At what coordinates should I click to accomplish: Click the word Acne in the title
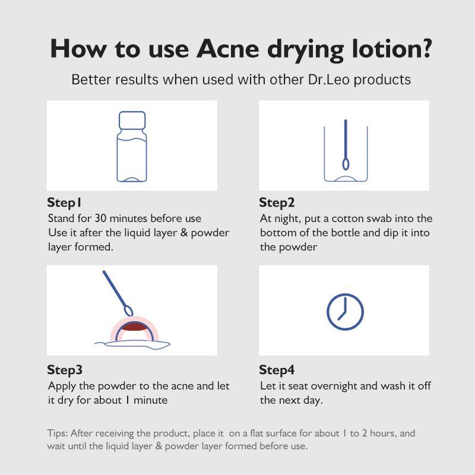click(228, 49)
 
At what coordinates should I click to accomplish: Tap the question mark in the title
click(425, 48)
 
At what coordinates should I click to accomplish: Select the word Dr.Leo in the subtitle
click(329, 80)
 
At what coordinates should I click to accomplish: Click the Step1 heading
click(64, 203)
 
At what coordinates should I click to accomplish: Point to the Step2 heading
click(277, 203)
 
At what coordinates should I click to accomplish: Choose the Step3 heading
click(65, 370)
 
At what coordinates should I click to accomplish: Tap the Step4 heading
click(277, 370)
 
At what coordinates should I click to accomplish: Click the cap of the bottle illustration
click(132, 120)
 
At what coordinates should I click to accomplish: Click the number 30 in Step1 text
click(100, 218)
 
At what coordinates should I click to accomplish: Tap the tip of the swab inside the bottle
click(346, 164)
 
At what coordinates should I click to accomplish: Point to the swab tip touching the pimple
click(129, 311)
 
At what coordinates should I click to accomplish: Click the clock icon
click(346, 312)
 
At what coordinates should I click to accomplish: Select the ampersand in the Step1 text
click(184, 233)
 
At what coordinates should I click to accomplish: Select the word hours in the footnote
click(383, 433)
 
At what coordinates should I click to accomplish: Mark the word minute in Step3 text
click(151, 400)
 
